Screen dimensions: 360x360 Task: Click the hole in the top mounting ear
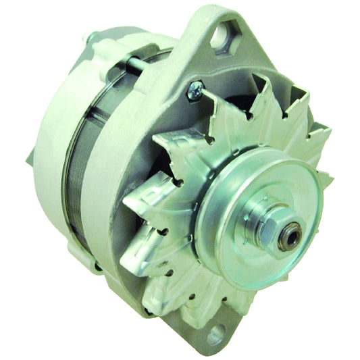click(222, 34)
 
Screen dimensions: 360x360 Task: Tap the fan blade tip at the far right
click(327, 179)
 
